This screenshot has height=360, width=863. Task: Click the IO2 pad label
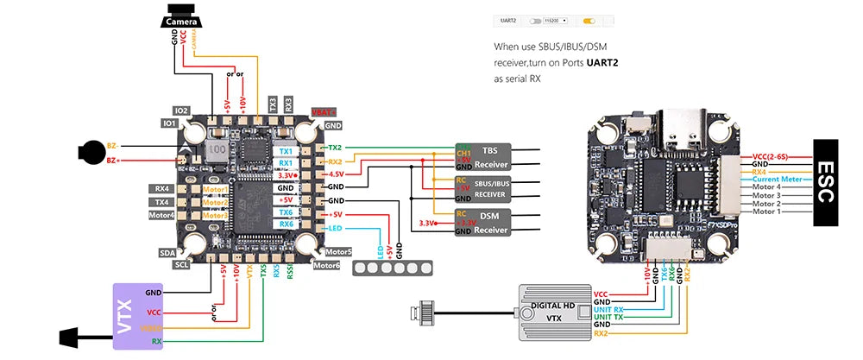point(181,111)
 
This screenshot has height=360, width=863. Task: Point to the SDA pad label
point(167,253)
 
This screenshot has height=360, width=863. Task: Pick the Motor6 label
point(327,265)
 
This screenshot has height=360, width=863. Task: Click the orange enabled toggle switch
point(589,18)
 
